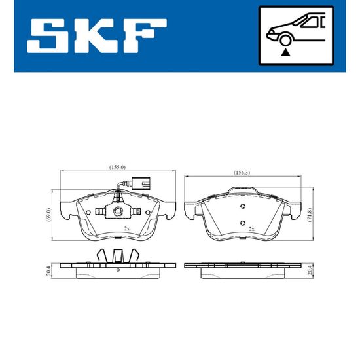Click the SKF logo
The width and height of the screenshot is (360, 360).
pos(97,36)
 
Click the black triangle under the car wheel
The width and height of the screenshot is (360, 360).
pos(285,52)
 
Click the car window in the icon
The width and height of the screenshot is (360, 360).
pos(311,22)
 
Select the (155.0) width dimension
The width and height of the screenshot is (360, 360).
pos(117,167)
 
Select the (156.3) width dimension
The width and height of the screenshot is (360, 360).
pos(242,173)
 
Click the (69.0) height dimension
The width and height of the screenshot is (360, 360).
pos(48,215)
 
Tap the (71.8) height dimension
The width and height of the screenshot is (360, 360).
pos(310,215)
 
